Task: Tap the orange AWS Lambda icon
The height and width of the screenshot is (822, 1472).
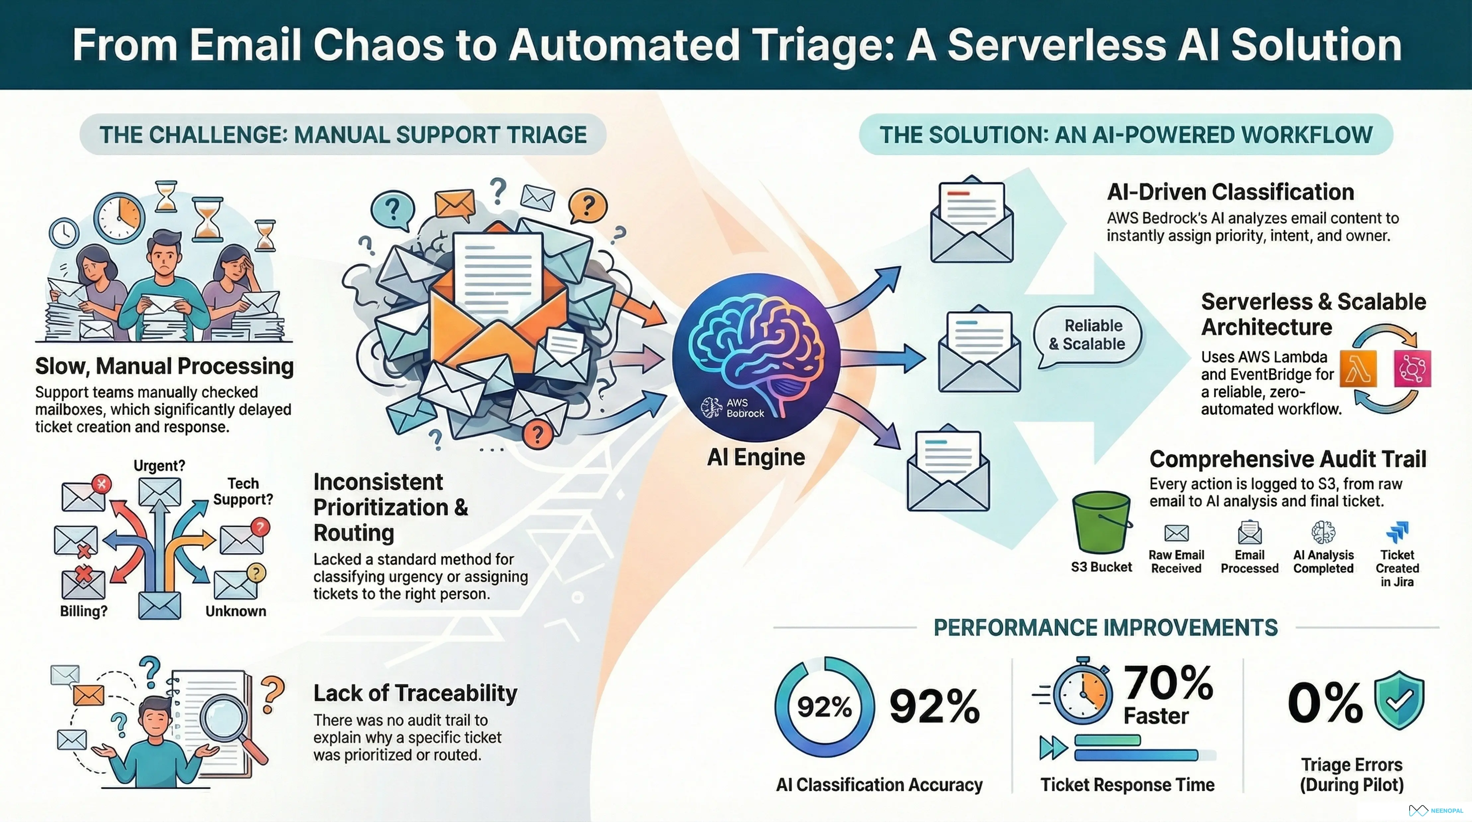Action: click(x=1358, y=369)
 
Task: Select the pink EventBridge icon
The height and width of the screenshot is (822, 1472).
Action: click(x=1412, y=369)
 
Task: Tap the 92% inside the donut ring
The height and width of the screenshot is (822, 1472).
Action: click(x=824, y=707)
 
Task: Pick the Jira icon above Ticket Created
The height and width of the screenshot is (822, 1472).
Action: click(x=1398, y=532)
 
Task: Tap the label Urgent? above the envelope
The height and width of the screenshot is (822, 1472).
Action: click(x=159, y=465)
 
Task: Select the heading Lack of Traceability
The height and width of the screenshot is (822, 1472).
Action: click(x=415, y=693)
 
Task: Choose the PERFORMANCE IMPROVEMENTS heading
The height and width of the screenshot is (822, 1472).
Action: click(x=1105, y=628)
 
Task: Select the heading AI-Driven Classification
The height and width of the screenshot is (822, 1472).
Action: click(x=1230, y=192)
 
